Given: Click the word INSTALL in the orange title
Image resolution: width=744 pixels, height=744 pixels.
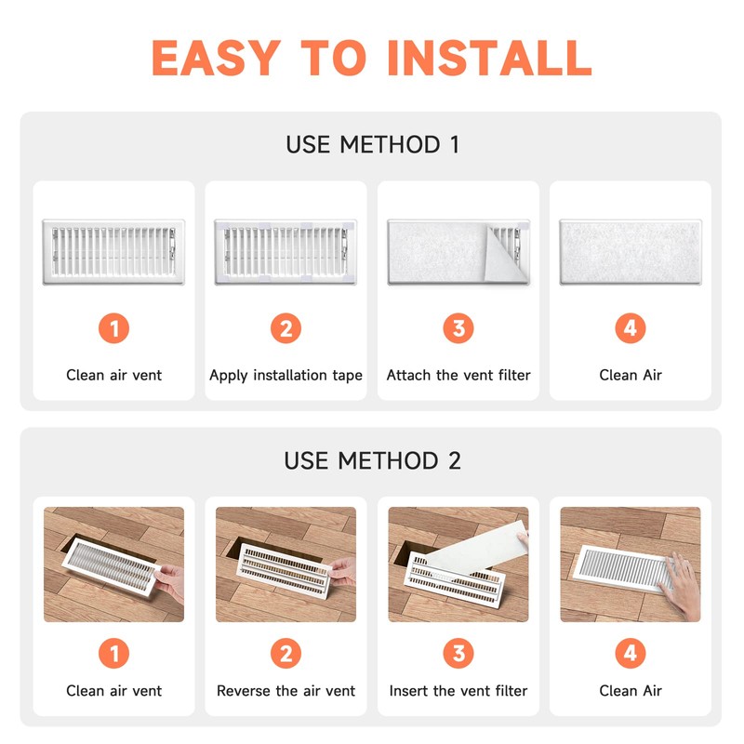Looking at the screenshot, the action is point(490,58).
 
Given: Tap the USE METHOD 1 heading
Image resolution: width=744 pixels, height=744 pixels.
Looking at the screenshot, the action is point(373,144).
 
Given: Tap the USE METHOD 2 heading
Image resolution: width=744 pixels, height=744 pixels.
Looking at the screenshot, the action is point(373,460).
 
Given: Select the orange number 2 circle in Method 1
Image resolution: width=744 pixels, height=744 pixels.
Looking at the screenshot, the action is point(286,328).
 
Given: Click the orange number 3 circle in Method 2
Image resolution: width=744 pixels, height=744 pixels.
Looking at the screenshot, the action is point(458,653).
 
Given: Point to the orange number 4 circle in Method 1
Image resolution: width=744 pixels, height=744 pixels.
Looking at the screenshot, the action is point(631,328).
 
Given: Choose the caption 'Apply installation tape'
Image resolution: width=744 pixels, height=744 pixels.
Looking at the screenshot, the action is point(286,376).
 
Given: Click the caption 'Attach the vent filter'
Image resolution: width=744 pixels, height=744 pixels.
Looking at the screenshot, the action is point(458,375).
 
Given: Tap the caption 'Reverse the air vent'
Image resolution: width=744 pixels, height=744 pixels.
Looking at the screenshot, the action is point(286,690).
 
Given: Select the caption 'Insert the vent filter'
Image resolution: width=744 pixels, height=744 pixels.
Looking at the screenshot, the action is point(458,690).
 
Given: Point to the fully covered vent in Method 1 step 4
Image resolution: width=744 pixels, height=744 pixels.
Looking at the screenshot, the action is point(631,252).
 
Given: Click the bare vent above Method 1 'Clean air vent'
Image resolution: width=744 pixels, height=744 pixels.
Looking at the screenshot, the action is point(113,252).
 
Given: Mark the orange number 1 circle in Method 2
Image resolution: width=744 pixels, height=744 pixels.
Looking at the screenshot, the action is point(113,653).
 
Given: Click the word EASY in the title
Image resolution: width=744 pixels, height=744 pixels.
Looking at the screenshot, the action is point(216,58).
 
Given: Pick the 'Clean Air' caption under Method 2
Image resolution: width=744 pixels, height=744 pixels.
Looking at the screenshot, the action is point(631,690).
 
